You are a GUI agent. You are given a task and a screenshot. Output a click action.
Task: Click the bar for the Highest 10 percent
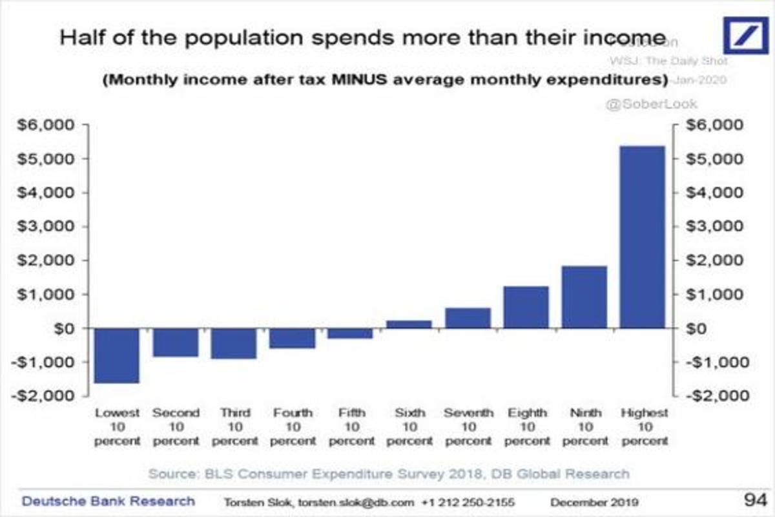coord(643,237)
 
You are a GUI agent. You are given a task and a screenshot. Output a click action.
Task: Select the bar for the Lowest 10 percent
coord(118,355)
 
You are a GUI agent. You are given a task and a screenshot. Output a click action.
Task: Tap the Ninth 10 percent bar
coord(584,297)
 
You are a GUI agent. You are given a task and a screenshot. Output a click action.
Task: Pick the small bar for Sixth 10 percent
coord(409,324)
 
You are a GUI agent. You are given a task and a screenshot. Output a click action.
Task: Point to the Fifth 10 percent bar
coord(351,333)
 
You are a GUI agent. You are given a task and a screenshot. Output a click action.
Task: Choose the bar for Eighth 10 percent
coord(526,307)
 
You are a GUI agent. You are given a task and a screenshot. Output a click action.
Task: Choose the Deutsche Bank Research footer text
coord(108,501)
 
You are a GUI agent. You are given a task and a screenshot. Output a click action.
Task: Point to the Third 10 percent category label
coord(235,427)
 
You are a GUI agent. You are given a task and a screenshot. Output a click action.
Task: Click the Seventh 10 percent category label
coord(469,427)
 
